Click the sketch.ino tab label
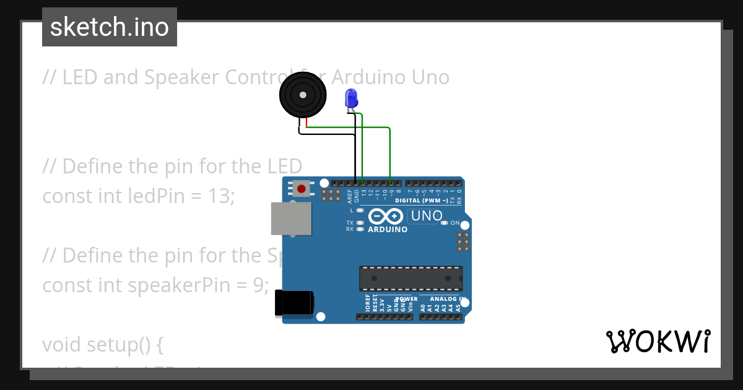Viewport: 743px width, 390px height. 110,27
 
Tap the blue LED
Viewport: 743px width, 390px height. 351,98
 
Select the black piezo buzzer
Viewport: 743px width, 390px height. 302,95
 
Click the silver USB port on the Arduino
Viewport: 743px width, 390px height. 291,219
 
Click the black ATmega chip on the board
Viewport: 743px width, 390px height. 411,278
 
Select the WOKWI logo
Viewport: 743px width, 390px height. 658,341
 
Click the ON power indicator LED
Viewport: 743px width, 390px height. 444,223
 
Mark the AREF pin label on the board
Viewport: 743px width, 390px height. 350,197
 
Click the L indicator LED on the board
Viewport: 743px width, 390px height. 360,210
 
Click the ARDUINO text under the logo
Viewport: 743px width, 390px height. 388,230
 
